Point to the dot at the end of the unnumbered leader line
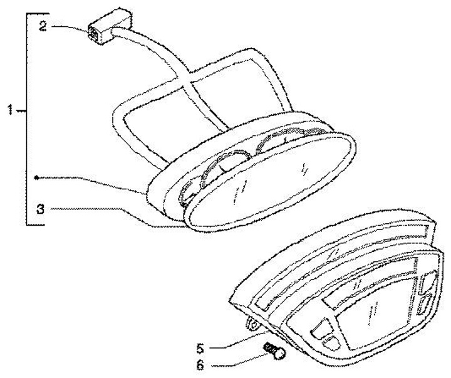38,178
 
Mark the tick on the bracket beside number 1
23,110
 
